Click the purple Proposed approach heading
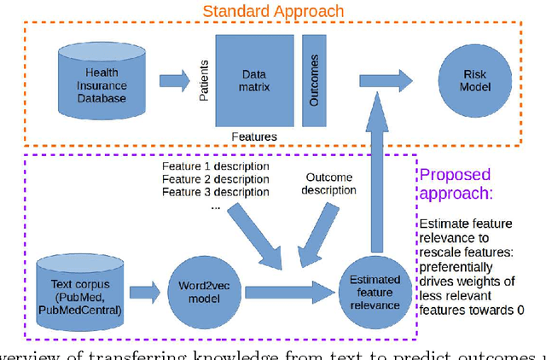(x=456, y=184)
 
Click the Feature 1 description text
(x=215, y=166)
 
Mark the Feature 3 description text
(x=215, y=192)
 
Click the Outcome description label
(x=329, y=183)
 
